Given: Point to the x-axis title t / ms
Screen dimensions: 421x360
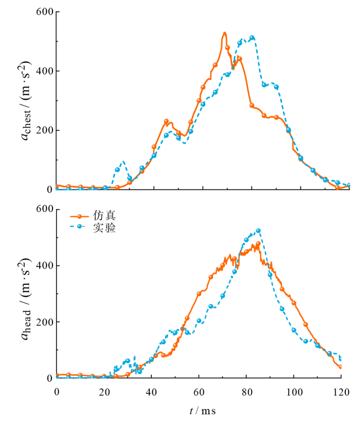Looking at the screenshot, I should click(199, 410).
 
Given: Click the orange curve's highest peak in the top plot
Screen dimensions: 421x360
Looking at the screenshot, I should click(224, 33).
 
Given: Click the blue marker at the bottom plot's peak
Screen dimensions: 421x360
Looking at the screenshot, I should click(258, 231).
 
